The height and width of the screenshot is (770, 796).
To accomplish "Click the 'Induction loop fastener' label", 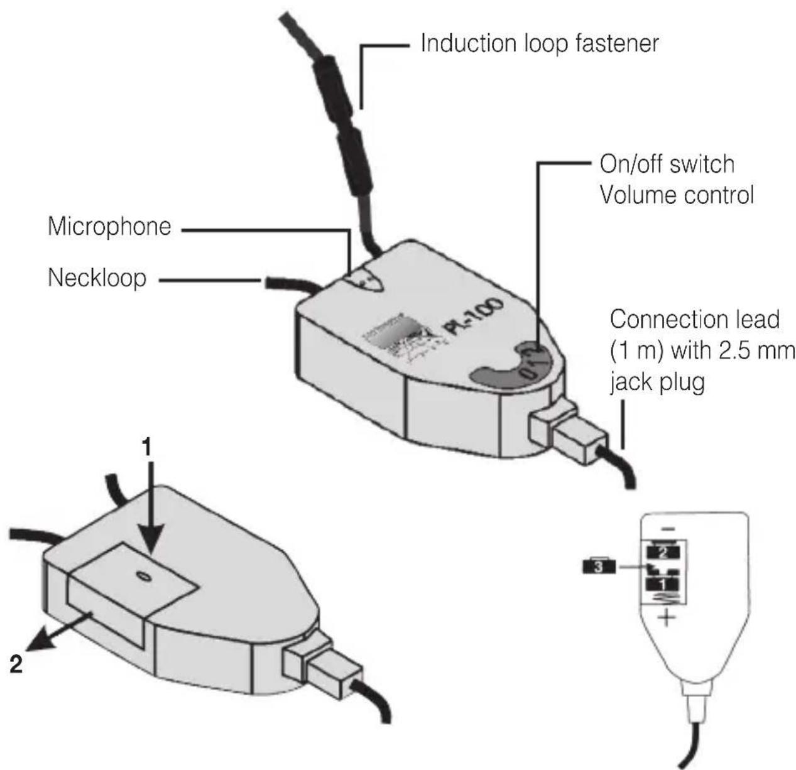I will point(540,44).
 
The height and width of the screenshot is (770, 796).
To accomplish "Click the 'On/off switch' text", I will point(667,165).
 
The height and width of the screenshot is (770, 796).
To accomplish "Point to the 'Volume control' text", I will point(676,195).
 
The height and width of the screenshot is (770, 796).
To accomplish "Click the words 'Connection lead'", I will point(694,320).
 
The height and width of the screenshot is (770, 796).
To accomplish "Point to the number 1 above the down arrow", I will point(146,448).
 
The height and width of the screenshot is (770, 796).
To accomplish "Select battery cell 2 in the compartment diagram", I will point(665,553).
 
